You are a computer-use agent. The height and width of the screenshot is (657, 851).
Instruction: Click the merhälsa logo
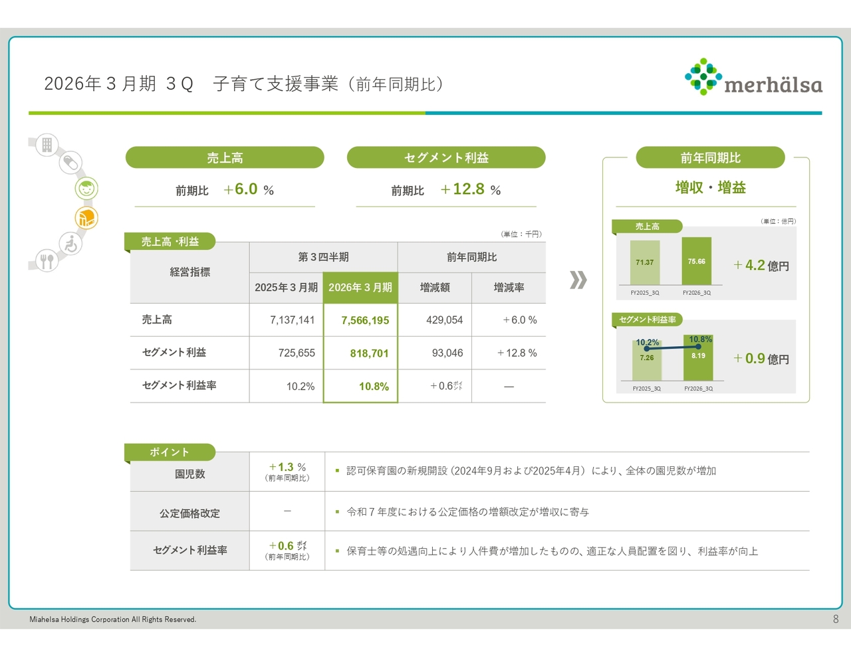pos(753,76)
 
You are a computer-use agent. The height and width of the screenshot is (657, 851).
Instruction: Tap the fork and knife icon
pos(47,260)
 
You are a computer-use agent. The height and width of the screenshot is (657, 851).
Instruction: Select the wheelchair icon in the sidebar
pos(71,243)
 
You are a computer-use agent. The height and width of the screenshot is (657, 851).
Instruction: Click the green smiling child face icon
pos(86,188)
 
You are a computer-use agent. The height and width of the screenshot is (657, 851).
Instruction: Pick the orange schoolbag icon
pos(86,218)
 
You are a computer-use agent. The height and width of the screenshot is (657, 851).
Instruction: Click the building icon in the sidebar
pos(47,144)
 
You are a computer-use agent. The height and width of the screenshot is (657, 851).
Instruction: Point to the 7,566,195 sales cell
pos(360,320)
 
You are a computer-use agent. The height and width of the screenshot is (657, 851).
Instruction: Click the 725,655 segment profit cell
pos(286,353)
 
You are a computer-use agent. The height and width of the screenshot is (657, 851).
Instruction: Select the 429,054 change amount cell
pos(435,320)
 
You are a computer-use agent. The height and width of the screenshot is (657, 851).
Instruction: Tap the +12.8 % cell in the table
pos(509,353)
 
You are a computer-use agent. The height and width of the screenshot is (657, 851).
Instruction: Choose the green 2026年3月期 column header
pos(360,288)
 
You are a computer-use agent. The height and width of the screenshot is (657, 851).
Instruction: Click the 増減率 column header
pos(509,288)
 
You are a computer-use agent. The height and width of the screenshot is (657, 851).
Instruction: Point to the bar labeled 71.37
pos(645,262)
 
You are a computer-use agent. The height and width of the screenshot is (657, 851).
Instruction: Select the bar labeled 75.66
pos(696,261)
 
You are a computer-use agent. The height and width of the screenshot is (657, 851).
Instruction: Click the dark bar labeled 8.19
pos(698,357)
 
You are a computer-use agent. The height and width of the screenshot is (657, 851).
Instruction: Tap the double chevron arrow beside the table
pos(578,280)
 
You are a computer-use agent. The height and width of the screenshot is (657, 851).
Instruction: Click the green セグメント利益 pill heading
pos(446,157)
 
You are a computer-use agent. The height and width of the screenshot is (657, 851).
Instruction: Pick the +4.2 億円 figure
pos(761,265)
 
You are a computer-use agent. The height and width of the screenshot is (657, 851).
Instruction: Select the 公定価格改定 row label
pos(189,513)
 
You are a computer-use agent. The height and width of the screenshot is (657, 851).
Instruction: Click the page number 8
pos(835,619)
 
